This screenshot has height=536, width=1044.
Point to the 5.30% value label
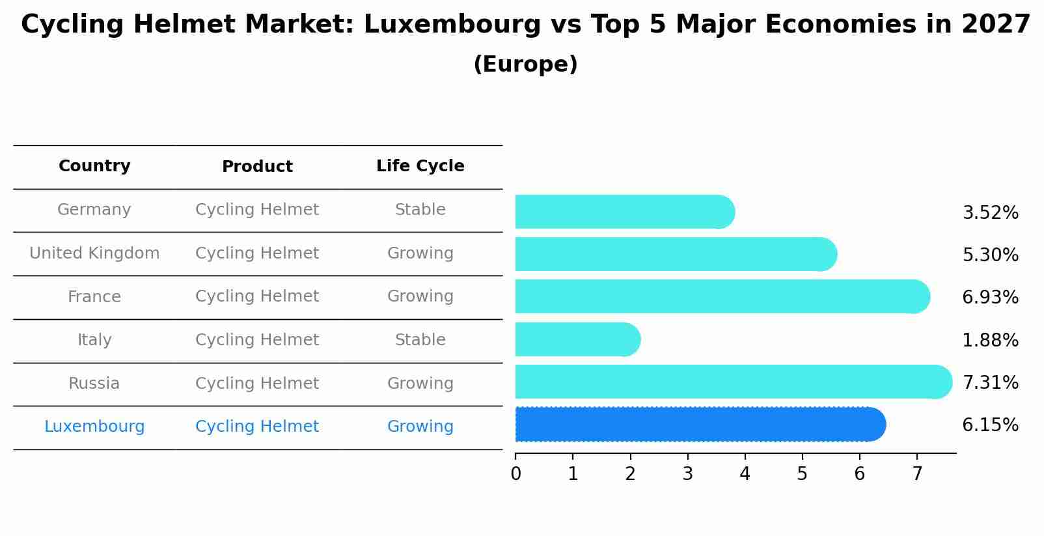990,255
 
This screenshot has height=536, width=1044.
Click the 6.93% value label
990,297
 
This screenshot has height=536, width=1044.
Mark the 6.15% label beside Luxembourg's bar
990,425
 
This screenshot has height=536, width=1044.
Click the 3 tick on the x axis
687,473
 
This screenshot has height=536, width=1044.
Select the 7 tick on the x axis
917,473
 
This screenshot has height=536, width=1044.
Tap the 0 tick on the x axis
515,473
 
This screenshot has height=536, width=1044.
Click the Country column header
94,166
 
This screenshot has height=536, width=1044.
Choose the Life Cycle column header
420,166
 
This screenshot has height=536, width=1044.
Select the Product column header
257,167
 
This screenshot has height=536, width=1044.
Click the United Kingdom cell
94,253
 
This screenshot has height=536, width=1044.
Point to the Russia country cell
94,383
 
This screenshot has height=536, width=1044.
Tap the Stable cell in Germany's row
420,210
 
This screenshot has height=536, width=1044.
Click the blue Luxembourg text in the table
94,427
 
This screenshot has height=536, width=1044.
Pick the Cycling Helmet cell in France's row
257,296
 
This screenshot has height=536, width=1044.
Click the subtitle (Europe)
525,64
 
